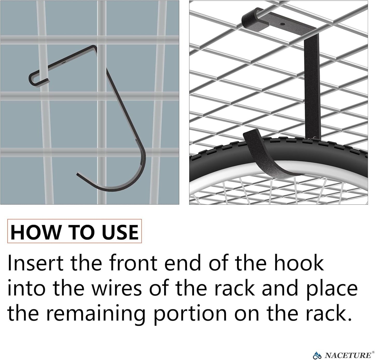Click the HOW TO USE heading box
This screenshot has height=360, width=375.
74,231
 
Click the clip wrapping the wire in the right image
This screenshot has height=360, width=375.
250,18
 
